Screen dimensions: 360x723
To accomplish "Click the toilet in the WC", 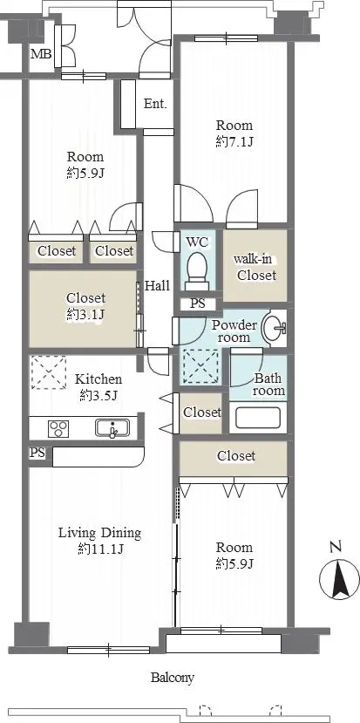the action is click(197, 271).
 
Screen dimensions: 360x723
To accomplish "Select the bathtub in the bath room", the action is click(258, 418).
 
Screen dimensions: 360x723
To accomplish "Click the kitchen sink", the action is click(112, 428).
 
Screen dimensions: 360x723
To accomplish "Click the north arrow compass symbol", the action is click(339, 577).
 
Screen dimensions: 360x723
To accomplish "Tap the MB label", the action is click(41, 54).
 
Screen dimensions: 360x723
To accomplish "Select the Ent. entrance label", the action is click(155, 104).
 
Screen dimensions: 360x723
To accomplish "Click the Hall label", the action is click(157, 285).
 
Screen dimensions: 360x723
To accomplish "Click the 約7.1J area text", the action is click(234, 141).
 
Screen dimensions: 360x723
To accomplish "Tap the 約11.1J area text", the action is click(100, 549).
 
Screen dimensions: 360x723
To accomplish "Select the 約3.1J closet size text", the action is click(85, 315).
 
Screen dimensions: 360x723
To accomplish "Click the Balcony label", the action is click(173, 678).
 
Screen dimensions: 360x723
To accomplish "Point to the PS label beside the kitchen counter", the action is click(37, 453).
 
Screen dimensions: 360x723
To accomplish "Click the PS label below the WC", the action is click(198, 304).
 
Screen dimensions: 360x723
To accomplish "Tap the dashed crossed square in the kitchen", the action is click(49, 372).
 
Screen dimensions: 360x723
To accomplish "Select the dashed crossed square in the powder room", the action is click(200, 366).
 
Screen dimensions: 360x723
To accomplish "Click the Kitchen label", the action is click(98, 379).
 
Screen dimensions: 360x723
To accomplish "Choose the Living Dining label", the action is click(99, 534).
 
